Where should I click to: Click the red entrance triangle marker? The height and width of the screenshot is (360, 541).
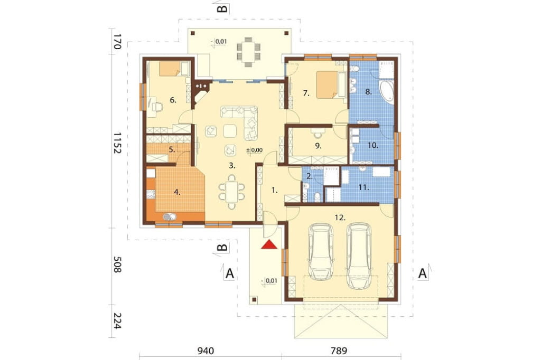[x=269, y=244]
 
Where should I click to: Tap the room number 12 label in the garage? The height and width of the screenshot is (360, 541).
[x=340, y=217]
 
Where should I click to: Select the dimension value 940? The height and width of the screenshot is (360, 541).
[x=206, y=350]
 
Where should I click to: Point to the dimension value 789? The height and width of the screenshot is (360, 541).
[x=339, y=350]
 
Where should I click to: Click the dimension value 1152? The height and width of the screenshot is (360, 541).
[x=117, y=143]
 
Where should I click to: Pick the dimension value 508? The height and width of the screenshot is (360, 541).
[x=117, y=264]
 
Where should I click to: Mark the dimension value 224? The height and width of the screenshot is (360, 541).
[x=117, y=321]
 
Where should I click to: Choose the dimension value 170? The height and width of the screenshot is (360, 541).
[x=117, y=41]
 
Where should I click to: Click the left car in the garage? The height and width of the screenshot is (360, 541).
[x=321, y=251]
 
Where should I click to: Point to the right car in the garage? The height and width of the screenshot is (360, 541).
[x=359, y=255]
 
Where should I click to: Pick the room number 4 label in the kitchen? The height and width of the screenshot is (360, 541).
[x=177, y=193]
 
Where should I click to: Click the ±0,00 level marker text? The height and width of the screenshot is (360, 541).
[x=254, y=150]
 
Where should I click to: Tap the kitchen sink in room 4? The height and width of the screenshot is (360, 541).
[x=170, y=216]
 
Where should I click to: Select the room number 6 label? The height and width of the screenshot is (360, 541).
[x=173, y=100]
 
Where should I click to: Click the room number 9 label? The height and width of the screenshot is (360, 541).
[x=318, y=146]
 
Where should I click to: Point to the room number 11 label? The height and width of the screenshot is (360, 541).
[x=363, y=187]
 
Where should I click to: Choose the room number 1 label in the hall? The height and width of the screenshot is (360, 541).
[x=274, y=190]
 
